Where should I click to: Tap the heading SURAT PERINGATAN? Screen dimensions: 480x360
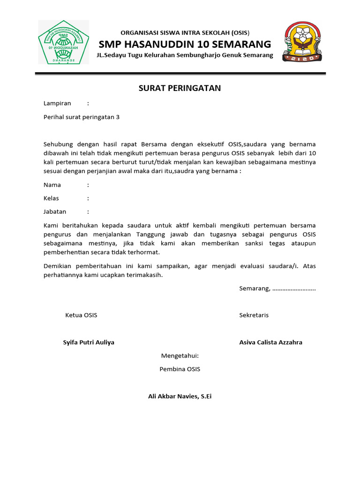click(180, 88)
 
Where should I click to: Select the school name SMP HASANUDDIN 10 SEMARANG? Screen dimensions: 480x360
click(185, 45)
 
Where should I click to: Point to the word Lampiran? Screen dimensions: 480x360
click(57, 103)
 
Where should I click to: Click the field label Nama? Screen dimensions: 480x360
click(52, 185)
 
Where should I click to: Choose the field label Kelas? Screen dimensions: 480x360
click(51, 198)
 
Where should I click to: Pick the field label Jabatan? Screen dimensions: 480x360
click(55, 211)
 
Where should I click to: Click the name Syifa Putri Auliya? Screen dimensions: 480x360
click(89, 342)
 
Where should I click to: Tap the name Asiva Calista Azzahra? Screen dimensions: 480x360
click(270, 342)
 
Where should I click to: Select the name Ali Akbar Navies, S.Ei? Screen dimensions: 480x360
click(180, 397)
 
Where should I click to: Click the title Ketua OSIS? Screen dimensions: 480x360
click(81, 315)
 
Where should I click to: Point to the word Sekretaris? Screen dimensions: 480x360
click(254, 315)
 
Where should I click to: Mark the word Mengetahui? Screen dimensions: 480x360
click(180, 356)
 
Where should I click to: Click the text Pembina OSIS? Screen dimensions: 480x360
click(180, 369)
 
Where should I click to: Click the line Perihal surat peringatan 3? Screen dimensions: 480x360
click(82, 117)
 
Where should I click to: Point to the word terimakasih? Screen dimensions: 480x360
click(145, 275)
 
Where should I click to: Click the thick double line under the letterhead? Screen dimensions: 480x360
click(180, 74)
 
